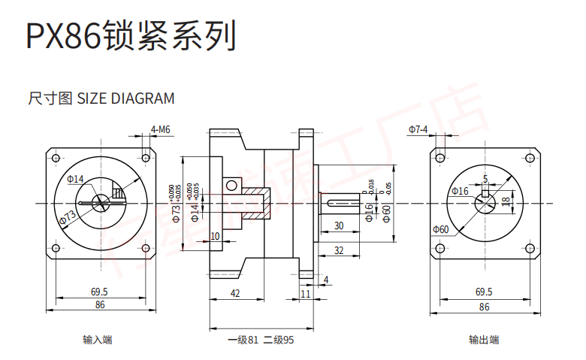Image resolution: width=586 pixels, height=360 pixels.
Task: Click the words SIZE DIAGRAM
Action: (126, 98)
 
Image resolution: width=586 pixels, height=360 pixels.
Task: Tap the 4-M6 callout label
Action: (161, 129)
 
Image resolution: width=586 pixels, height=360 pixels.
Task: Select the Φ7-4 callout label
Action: (418, 129)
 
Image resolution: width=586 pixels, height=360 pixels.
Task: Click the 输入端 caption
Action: (97, 340)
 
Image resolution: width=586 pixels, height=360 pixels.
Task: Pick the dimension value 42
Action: (235, 294)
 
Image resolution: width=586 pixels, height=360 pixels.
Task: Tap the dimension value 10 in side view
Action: (216, 236)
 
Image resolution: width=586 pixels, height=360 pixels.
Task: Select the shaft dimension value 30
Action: (339, 225)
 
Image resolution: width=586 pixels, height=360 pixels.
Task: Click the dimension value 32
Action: (339, 250)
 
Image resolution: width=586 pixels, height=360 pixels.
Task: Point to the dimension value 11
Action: (305, 294)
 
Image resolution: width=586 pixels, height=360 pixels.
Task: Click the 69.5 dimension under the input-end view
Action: (99, 292)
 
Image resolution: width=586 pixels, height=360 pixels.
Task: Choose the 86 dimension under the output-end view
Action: (484, 307)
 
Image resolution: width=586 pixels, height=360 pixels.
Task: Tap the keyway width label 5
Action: (485, 179)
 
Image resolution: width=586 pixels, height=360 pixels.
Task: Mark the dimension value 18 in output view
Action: (506, 201)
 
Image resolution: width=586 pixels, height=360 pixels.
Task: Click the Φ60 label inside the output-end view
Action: (440, 229)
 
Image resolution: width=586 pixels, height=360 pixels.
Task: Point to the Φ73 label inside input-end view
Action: (68, 217)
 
